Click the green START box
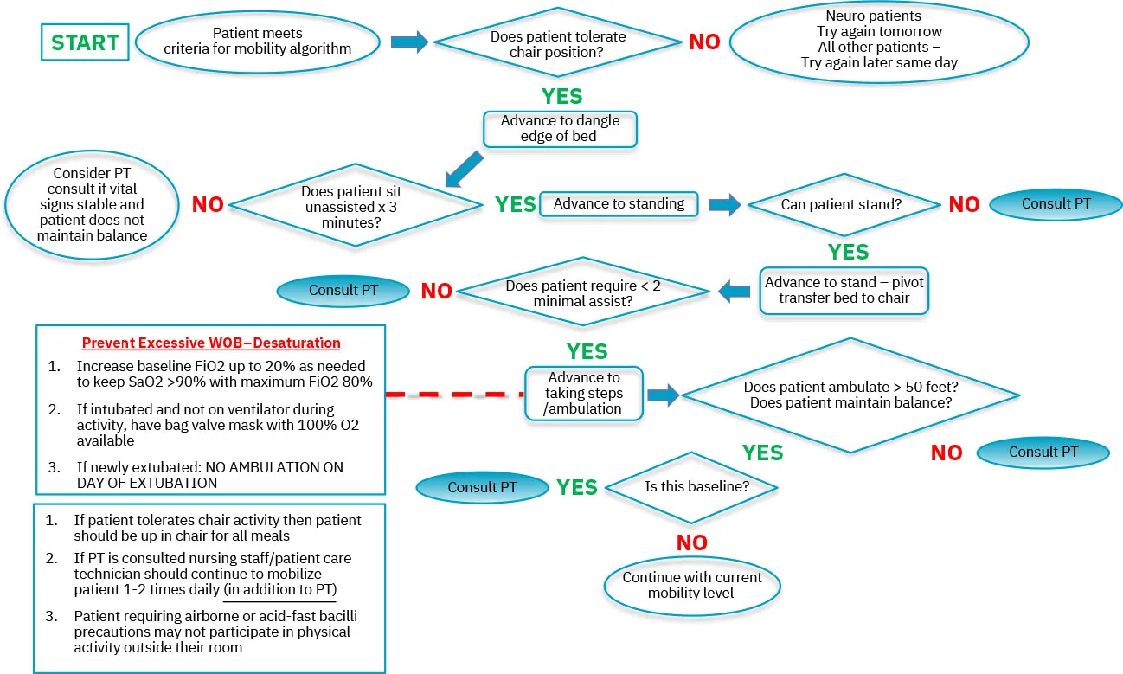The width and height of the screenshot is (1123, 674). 86,42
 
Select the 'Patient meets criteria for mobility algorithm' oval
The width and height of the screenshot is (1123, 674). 258,42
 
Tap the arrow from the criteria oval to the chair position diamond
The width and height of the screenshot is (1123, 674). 409,42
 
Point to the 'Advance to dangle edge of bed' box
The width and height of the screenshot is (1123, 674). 560,129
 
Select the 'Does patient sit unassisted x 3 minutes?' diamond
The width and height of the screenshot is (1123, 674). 356,205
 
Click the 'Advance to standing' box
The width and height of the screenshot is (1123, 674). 619,204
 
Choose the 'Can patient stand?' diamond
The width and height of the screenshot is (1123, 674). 843,205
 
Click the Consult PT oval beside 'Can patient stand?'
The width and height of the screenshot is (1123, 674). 1056,204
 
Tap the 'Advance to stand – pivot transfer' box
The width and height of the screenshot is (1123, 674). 844,291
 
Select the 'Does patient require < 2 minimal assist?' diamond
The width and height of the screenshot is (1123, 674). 583,292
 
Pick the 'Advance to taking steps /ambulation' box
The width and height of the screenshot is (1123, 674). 583,393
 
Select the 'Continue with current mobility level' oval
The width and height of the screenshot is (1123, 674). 692,585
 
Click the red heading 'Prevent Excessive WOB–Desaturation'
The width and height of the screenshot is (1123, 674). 211,343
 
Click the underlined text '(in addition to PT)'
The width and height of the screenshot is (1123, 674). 280,589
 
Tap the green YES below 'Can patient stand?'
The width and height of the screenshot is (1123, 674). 848,252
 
